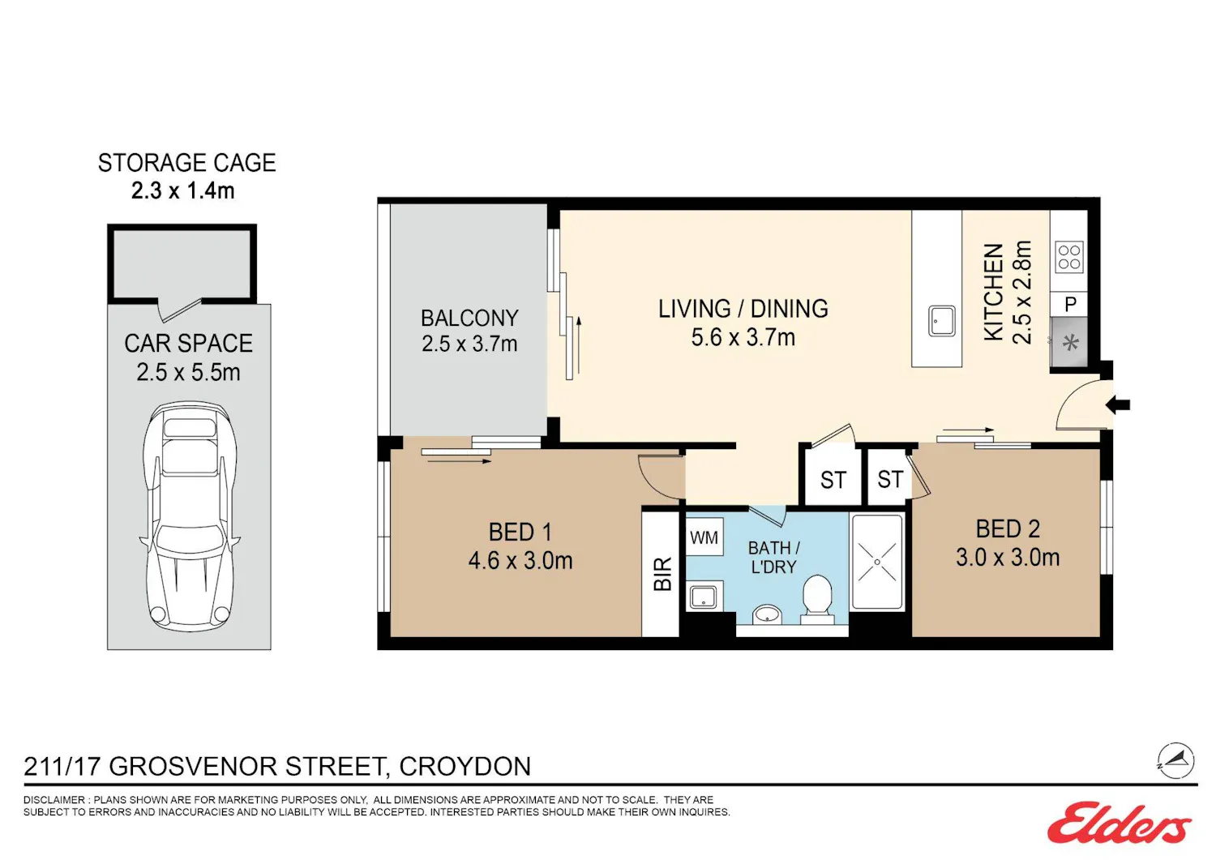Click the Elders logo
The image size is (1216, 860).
[x=1120, y=823]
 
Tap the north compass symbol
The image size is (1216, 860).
[x=1175, y=760]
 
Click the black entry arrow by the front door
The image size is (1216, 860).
[x=1118, y=404]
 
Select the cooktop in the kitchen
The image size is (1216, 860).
[x=1069, y=257]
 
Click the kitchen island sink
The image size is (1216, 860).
[x=941, y=321]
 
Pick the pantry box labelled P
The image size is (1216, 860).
[x=1069, y=304]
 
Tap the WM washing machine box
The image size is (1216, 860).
[x=704, y=537]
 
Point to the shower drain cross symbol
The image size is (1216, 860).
[x=877, y=562]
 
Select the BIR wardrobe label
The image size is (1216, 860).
[x=663, y=574]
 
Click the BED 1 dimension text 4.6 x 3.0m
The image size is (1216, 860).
[x=520, y=560]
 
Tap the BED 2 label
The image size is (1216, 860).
[x=1008, y=528]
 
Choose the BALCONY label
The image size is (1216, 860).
[x=469, y=319]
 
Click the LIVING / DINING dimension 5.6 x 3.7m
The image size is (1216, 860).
[x=743, y=337]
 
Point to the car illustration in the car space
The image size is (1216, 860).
[x=190, y=516]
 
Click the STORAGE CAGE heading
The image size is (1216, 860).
[x=186, y=163]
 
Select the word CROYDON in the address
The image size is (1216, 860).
[x=465, y=766]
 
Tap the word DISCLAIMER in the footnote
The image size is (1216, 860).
[x=54, y=800]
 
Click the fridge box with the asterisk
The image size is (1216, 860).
[x=1069, y=343]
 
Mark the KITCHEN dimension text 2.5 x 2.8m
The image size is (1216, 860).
[x=1021, y=292]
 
